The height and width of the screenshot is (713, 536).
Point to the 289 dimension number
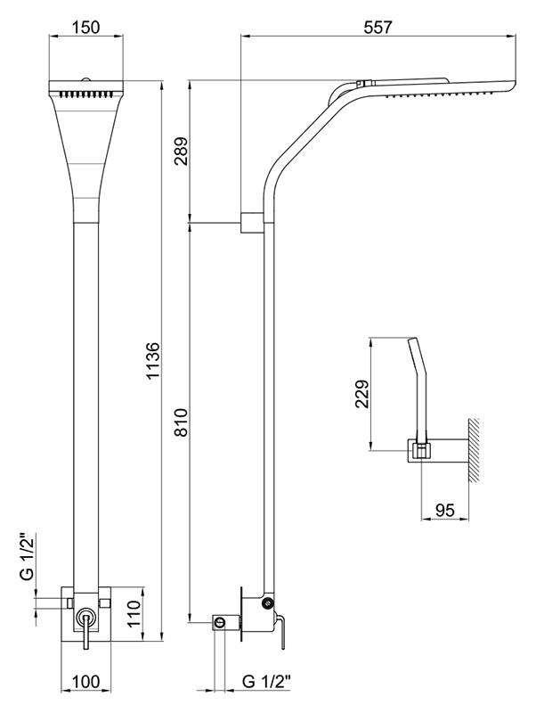(x=181, y=153)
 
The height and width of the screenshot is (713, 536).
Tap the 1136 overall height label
(x=153, y=361)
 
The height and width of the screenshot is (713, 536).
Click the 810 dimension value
(x=181, y=422)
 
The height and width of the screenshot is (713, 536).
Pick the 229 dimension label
(x=359, y=393)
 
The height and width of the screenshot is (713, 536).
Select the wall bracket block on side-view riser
(x=251, y=222)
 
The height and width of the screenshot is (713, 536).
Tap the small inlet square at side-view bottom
(x=219, y=623)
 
